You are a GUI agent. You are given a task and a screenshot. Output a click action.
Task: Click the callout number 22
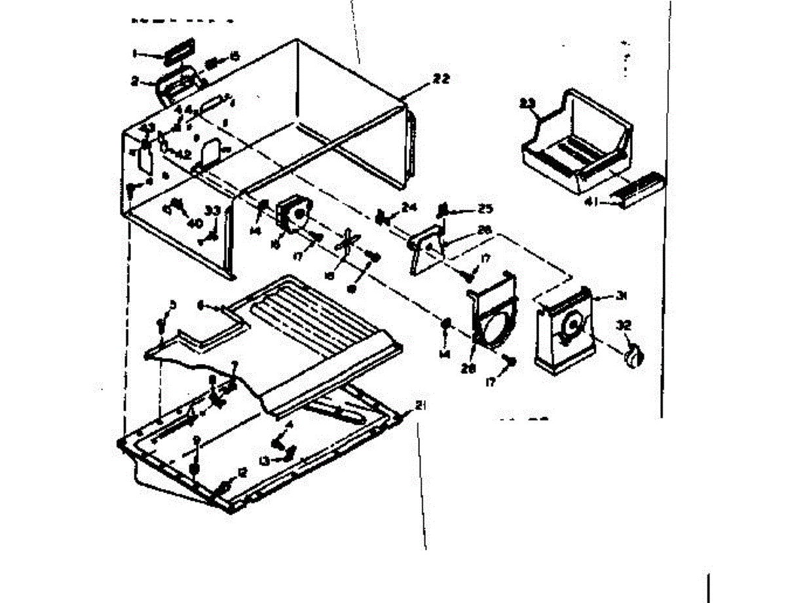click(441, 79)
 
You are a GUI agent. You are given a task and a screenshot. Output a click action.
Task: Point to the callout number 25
click(484, 209)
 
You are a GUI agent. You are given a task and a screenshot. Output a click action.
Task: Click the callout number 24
click(409, 208)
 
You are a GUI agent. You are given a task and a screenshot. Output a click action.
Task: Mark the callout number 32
click(624, 324)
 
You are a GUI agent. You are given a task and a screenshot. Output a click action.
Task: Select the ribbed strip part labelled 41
click(641, 189)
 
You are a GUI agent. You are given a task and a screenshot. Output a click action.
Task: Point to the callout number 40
click(195, 223)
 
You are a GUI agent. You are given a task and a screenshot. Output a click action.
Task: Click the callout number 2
click(134, 82)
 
